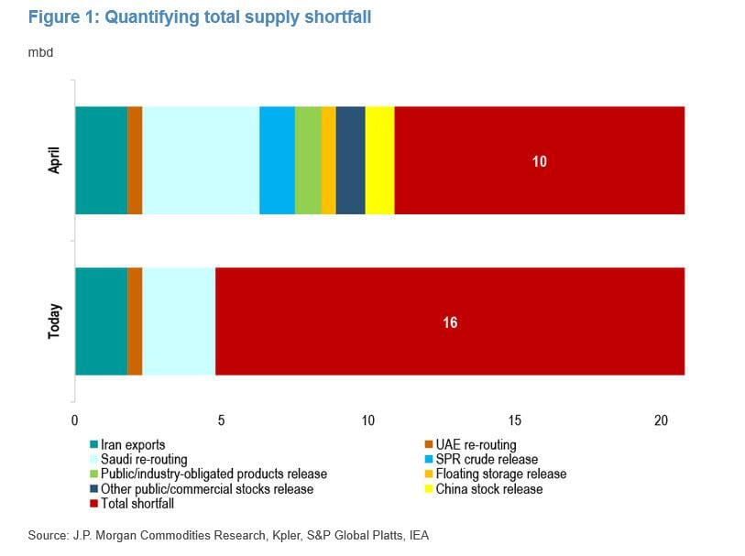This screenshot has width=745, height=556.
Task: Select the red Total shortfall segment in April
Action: click(539, 160)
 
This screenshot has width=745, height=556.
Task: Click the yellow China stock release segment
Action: click(379, 160)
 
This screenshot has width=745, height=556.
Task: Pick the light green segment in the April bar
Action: click(308, 160)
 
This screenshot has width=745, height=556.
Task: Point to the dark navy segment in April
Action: click(350, 160)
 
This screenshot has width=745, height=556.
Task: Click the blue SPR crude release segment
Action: click(277, 160)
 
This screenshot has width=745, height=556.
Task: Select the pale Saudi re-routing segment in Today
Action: click(179, 321)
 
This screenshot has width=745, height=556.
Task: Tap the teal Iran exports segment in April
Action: click(101, 160)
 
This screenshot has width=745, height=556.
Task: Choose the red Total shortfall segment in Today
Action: click(449, 321)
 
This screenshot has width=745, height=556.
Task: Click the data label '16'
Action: click(449, 322)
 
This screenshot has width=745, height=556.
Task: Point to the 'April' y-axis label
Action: click(53, 160)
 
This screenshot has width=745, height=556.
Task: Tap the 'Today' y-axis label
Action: click(53, 321)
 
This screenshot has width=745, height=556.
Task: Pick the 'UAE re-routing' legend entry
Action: click(477, 445)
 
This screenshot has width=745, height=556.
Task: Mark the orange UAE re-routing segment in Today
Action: click(135, 321)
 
